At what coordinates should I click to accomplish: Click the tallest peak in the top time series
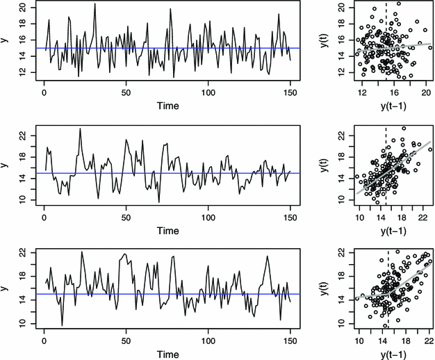95,3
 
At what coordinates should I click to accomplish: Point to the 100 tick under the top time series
208,92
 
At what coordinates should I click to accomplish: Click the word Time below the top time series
168,106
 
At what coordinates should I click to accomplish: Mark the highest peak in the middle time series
80,129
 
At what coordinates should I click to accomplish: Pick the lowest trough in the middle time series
159,202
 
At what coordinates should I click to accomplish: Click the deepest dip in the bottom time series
62,325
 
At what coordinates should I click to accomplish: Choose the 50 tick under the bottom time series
126,341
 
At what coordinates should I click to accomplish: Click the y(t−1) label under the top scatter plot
394,106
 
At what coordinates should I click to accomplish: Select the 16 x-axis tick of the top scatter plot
394,92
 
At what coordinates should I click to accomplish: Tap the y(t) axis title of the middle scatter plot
324,165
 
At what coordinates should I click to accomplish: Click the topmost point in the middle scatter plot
404,129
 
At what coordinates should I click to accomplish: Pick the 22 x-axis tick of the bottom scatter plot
429,341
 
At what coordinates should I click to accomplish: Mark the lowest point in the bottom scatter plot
385,326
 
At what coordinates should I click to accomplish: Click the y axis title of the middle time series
4,165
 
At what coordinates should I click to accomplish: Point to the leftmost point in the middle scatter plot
357,177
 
